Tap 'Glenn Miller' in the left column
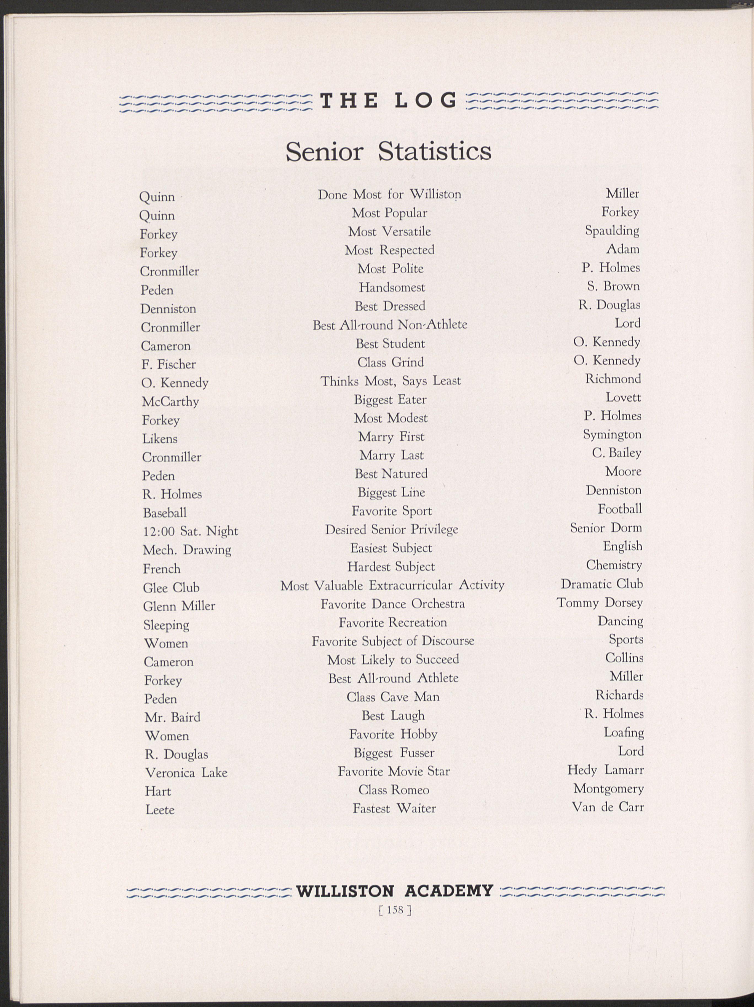179,606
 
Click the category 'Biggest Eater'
391,399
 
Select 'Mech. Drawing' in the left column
187,550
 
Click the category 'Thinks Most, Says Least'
391,381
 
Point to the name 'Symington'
612,434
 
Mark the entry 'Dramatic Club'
601,584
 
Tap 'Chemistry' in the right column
614,565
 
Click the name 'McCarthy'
170,402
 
